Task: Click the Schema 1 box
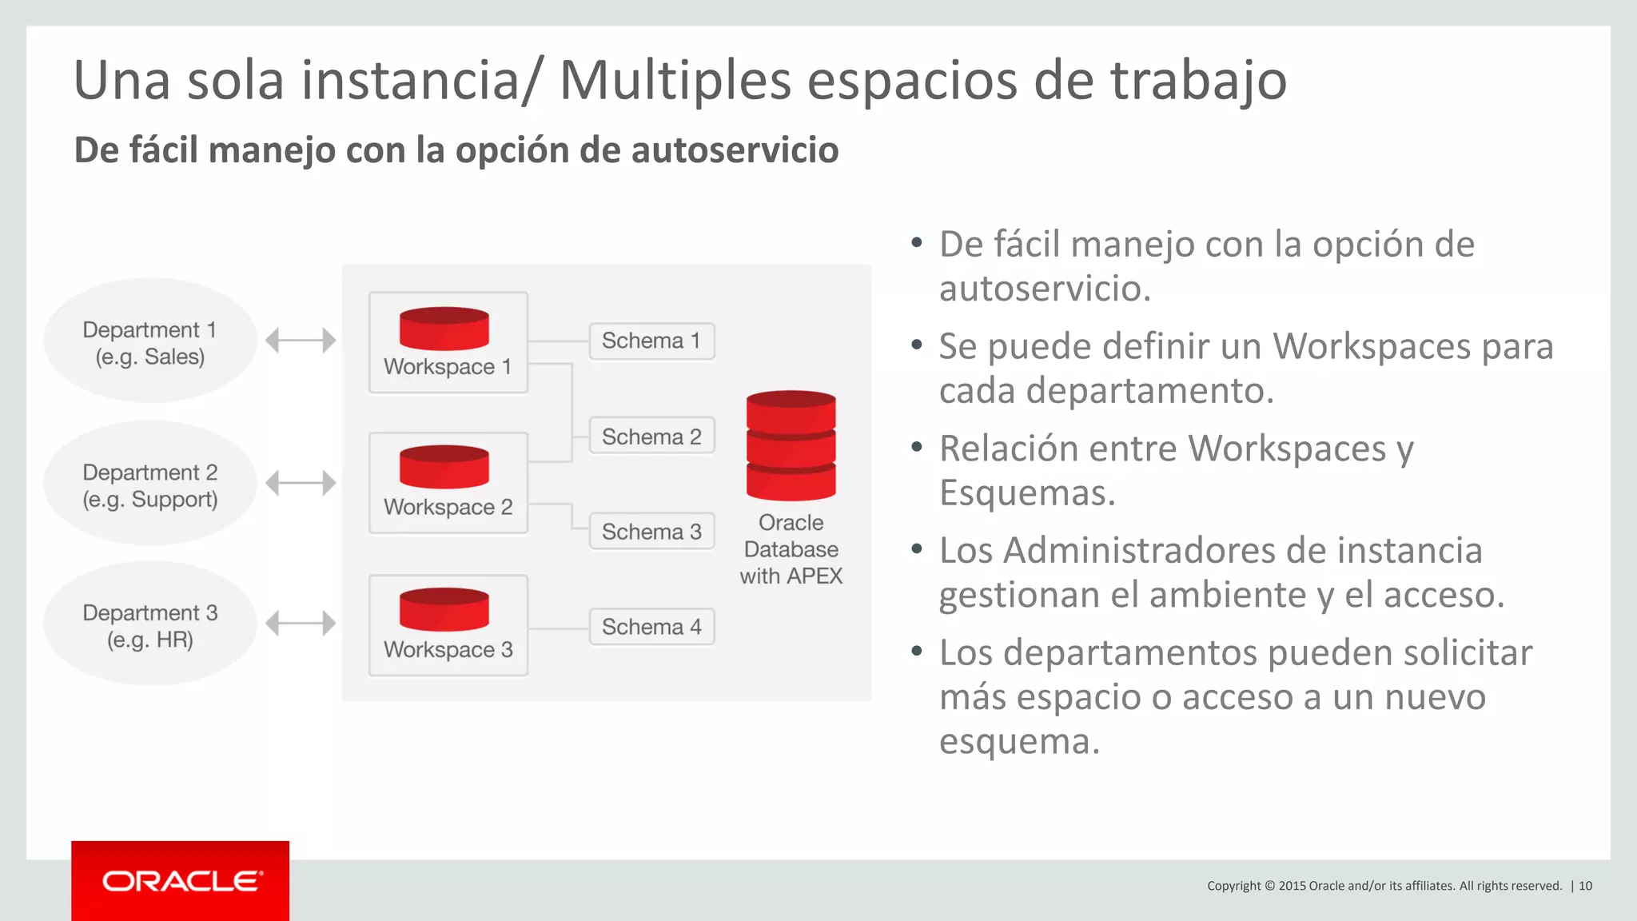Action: click(x=651, y=341)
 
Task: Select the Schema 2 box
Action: click(x=651, y=437)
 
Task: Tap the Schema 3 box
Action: click(x=651, y=532)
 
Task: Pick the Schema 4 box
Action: click(x=651, y=627)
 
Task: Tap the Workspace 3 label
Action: click(x=448, y=649)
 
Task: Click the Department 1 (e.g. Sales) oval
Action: click(x=150, y=341)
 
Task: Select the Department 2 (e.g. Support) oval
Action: click(x=150, y=484)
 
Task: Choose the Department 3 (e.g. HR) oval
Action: click(x=150, y=624)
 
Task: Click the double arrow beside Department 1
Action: click(x=301, y=340)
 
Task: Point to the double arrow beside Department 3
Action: click(x=301, y=623)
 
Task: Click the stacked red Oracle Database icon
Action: click(x=791, y=445)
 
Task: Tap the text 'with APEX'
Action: click(x=791, y=576)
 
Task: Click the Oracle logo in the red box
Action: click(x=181, y=881)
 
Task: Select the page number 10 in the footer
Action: click(x=1585, y=886)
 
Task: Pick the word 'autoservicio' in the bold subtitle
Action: click(x=735, y=150)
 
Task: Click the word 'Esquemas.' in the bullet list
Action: click(x=1027, y=492)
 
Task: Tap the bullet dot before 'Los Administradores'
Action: click(x=917, y=548)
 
